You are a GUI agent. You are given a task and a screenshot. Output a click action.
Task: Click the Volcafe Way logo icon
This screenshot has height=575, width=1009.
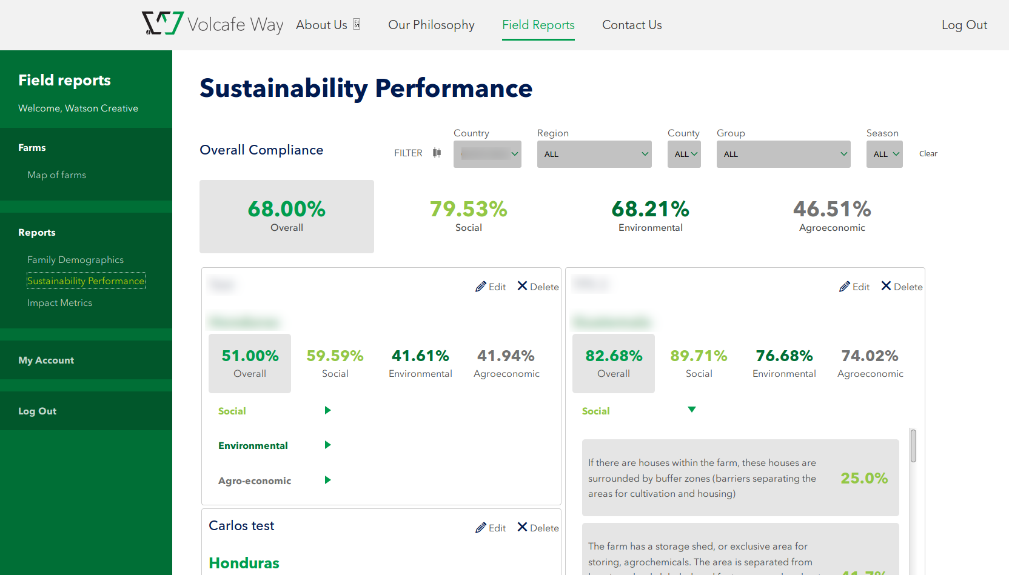point(163,24)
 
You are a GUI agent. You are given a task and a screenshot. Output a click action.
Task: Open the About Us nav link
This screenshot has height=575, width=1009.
point(321,25)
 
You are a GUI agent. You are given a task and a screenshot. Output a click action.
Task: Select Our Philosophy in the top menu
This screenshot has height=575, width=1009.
point(431,25)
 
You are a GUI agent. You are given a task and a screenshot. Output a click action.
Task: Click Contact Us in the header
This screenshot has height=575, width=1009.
point(632,25)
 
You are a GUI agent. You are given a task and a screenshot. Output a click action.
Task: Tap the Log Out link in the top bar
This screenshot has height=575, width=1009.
point(964,25)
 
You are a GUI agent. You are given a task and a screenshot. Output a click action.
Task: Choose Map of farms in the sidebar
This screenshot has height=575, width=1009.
point(56,175)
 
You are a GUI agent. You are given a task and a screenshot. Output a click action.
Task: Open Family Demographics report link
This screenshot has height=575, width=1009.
point(75,260)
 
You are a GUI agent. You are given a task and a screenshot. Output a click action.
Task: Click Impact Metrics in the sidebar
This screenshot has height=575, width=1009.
point(59,303)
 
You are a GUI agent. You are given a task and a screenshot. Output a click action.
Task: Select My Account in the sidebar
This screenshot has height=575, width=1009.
point(46,361)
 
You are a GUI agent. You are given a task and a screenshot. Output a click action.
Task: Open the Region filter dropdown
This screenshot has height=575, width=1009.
point(594,155)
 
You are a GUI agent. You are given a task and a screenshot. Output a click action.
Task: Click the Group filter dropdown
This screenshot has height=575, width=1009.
point(783,155)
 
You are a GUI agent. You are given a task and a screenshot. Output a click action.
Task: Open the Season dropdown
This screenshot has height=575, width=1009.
point(884,155)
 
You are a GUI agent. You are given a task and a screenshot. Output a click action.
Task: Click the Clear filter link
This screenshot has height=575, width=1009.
point(928,154)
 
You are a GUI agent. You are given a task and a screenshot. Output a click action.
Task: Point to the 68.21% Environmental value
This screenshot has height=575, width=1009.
point(650,210)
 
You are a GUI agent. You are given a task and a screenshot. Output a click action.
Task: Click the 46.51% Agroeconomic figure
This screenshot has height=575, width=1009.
point(832,210)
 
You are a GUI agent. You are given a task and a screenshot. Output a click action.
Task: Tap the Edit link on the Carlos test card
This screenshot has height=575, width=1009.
point(491,528)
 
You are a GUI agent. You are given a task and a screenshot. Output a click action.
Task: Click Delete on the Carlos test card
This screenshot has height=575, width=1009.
point(538,528)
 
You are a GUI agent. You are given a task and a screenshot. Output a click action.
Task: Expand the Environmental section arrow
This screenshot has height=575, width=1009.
point(327,445)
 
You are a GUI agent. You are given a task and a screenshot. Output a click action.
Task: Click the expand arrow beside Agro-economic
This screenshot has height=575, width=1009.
point(327,480)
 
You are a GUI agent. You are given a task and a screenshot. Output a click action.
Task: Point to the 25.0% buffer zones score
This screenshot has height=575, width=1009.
point(864,478)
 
